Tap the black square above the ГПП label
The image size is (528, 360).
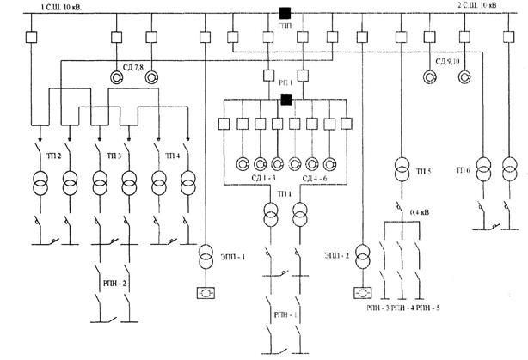pos(284,13)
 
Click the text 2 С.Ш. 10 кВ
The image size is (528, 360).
pos(488,7)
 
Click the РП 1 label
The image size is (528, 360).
pos(284,82)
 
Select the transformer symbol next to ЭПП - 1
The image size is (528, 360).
pos(206,256)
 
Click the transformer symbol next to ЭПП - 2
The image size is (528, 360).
pos(363,254)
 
